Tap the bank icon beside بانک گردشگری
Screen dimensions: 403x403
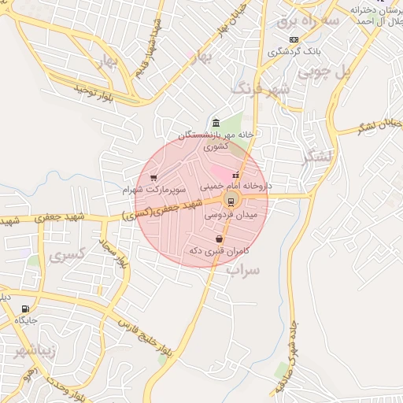294,39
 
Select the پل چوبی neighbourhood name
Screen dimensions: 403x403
344,72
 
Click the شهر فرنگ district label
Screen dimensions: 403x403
260,88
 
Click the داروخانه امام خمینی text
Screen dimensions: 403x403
235,187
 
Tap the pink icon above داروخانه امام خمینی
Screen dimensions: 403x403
235,174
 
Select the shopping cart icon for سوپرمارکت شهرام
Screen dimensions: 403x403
153,178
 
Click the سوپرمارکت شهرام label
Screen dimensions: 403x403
154,190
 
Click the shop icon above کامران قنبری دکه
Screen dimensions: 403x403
219,238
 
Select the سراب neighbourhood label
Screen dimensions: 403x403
242,270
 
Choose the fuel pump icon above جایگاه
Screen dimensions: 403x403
27,309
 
